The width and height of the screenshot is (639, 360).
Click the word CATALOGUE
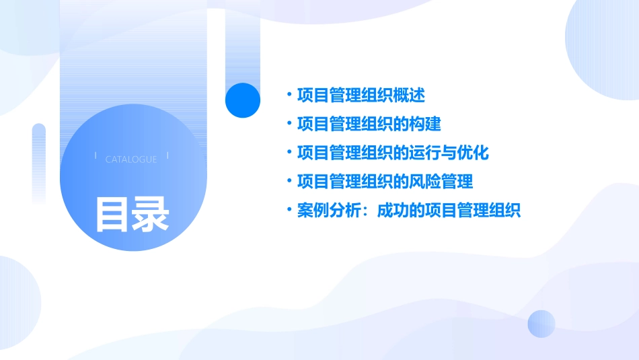point(131,159)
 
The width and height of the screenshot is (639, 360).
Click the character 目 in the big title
point(112,214)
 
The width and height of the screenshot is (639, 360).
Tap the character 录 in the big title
point(151,214)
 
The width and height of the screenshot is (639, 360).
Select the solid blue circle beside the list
point(243,100)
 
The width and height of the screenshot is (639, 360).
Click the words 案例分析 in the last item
point(329,211)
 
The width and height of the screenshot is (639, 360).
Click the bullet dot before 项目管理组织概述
point(289,96)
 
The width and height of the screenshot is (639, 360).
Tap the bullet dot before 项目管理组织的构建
point(289,124)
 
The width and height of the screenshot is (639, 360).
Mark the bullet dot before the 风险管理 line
point(289,182)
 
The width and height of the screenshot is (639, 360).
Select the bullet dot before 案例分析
point(289,211)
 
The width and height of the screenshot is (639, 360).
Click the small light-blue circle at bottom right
point(541,324)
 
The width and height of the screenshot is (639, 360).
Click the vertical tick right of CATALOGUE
point(167,155)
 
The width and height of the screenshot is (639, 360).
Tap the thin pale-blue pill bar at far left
point(39,161)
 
